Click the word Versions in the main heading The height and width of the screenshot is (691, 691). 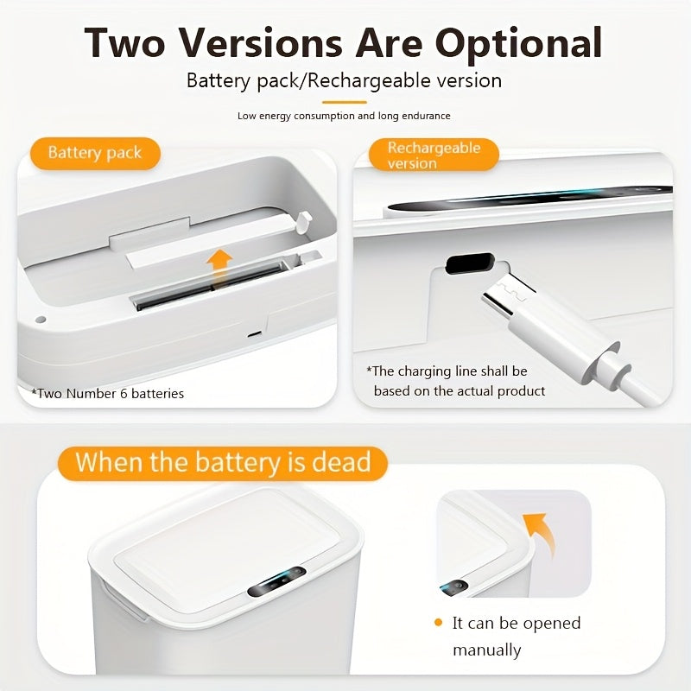tap(262, 42)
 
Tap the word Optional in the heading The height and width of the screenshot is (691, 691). tap(519, 44)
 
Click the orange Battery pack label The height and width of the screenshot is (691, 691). tap(95, 153)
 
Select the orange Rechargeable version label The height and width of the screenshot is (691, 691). tap(434, 155)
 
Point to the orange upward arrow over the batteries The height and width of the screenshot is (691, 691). tap(219, 267)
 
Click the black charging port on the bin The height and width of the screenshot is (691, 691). tap(468, 263)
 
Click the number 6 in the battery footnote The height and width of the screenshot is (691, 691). tap(124, 394)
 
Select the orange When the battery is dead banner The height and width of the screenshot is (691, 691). tap(223, 463)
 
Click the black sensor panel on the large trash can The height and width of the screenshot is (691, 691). tap(276, 581)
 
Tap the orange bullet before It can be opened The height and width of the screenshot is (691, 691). tap(438, 622)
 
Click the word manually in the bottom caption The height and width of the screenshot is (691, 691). tap(486, 650)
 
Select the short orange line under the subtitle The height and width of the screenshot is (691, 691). tap(344, 102)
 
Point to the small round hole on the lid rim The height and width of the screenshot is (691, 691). tap(40, 319)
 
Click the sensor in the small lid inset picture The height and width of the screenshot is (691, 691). tap(454, 588)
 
